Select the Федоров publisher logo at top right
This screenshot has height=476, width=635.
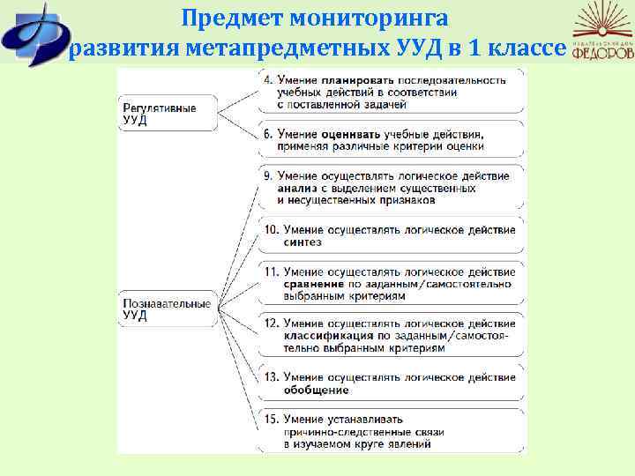[x=602, y=34]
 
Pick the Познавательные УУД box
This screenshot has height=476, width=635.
[x=168, y=309]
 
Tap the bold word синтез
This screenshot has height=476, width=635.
[x=302, y=242]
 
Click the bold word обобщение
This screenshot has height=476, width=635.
[x=316, y=390]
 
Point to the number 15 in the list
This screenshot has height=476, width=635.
[x=272, y=420]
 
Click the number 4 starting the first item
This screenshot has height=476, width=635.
[x=268, y=80]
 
